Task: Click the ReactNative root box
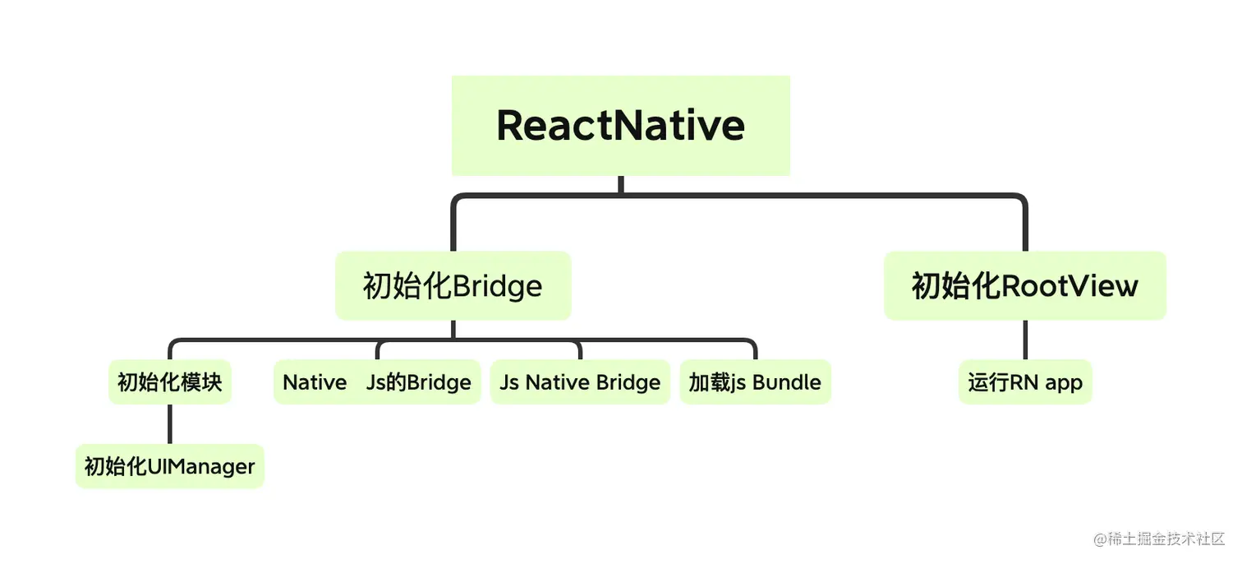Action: point(620,125)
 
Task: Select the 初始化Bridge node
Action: point(453,285)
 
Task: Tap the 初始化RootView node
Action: point(1024,285)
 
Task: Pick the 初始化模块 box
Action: point(170,382)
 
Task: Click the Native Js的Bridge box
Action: point(377,382)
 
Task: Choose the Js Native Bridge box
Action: point(580,382)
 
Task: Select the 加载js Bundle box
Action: point(755,382)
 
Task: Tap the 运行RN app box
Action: point(1025,382)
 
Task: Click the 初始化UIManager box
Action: point(170,466)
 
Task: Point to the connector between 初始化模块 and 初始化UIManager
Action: point(170,424)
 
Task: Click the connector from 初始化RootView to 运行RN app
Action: point(1025,340)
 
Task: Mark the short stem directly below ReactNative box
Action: point(620,185)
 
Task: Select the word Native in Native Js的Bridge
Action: point(315,382)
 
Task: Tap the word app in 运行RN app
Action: point(1064,383)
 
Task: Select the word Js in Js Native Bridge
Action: point(508,383)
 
